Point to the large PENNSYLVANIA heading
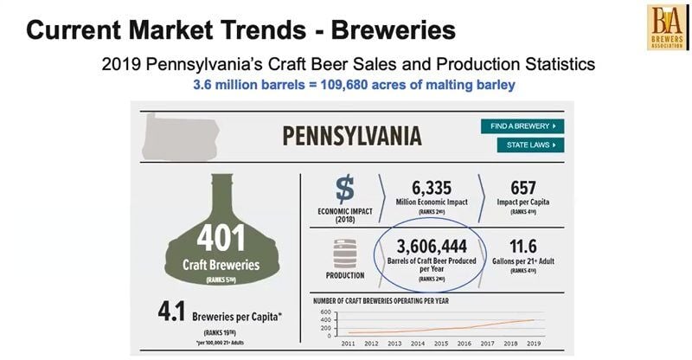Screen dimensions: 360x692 tap(352, 136)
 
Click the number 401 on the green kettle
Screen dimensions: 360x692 tap(221, 236)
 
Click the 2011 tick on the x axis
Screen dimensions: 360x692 tap(348, 344)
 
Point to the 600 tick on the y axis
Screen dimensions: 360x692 tap(326, 312)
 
